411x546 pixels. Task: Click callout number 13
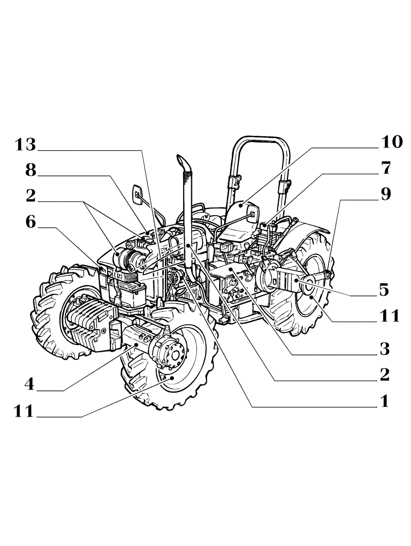click(x=25, y=145)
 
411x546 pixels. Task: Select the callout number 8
click(x=31, y=171)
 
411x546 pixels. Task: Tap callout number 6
click(x=31, y=222)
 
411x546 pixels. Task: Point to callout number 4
click(x=29, y=384)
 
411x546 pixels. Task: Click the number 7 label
click(x=386, y=169)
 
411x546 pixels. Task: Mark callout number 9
click(x=386, y=195)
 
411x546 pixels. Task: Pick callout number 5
click(x=384, y=290)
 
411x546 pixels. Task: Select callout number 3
click(x=384, y=348)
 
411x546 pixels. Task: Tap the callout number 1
click(x=384, y=402)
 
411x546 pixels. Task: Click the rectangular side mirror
click(x=138, y=193)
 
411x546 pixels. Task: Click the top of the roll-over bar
click(x=259, y=140)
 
